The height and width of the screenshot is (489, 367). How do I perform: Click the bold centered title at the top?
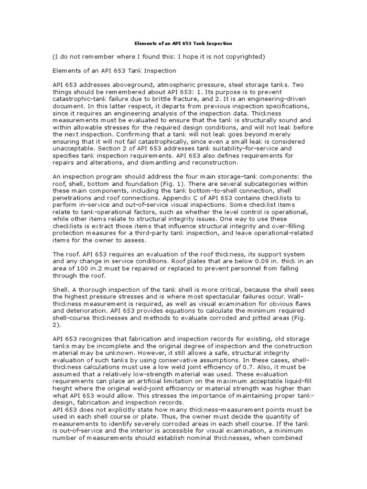[183, 43]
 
